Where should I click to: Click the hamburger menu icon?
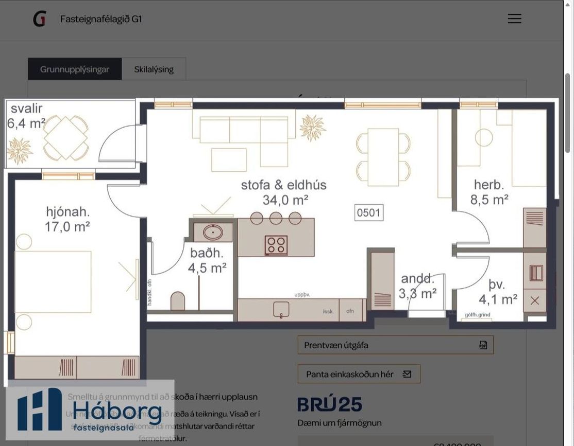[514, 19]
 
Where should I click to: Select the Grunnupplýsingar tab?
[75, 69]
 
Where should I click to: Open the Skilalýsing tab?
[154, 69]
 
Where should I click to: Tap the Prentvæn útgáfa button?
[395, 345]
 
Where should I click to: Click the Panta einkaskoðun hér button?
[359, 374]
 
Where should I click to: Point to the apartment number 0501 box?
[368, 212]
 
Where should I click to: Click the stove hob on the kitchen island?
[276, 245]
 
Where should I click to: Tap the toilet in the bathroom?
[178, 301]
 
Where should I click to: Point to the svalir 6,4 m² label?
[26, 116]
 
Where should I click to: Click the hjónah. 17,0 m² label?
[67, 219]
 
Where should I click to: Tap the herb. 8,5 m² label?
[489, 192]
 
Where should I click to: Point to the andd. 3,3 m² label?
[417, 286]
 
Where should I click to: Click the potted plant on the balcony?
[20, 151]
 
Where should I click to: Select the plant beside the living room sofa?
[312, 128]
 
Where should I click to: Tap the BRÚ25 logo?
[330, 404]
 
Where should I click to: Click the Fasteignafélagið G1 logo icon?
[40, 19]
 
